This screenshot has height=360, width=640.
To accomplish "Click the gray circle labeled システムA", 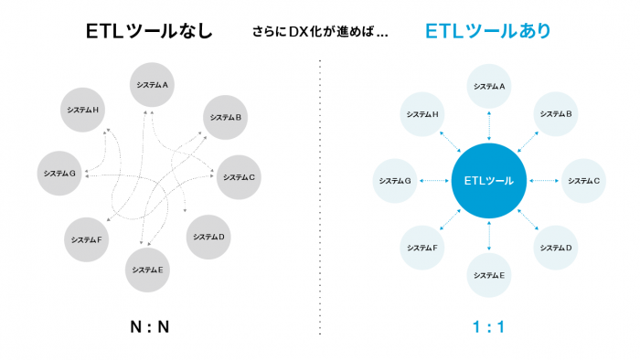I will (153, 85).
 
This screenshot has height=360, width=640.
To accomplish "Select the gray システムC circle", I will (240, 176).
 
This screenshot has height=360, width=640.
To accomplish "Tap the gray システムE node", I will (148, 270).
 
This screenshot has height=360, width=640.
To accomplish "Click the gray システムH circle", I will (84, 110).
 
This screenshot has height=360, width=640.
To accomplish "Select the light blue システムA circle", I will (489, 86).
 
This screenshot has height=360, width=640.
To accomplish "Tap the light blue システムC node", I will (583, 181).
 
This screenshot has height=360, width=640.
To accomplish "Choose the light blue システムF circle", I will (422, 248).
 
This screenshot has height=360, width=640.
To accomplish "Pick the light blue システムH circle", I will (422, 114).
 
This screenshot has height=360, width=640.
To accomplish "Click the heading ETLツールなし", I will (151, 32).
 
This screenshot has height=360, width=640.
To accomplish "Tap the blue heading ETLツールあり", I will (488, 32).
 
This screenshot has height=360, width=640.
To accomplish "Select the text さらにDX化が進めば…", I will (319, 33).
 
